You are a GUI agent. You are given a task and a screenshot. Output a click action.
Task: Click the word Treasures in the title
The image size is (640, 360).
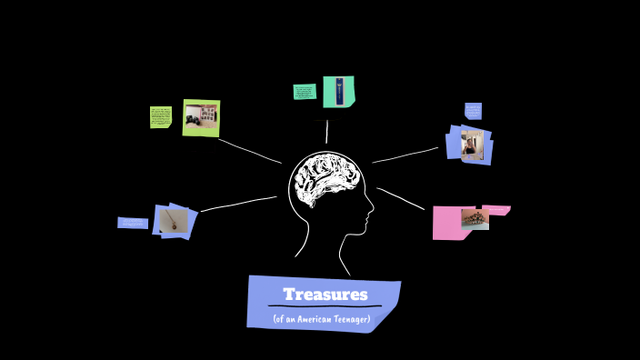click(x=325, y=295)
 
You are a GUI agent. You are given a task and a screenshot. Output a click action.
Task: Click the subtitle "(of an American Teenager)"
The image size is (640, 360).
click(x=322, y=318)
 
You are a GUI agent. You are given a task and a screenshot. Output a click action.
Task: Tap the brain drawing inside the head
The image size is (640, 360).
click(x=325, y=181)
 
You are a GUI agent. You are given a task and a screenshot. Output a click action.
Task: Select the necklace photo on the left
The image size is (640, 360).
click(x=173, y=220)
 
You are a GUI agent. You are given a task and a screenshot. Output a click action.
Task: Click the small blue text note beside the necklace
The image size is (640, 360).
click(x=132, y=223)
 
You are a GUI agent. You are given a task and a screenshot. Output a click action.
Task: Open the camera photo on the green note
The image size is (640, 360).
click(x=201, y=116)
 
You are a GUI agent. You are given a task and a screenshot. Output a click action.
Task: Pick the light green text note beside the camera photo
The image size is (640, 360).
click(x=161, y=116)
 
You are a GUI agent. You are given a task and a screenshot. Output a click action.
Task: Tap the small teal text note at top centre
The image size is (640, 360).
click(x=305, y=92)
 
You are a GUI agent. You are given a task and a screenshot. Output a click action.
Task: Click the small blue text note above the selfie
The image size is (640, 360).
click(x=474, y=111)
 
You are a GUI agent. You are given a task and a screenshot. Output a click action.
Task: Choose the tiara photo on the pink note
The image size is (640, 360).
click(x=474, y=217)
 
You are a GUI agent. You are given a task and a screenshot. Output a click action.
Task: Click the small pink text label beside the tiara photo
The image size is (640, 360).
click(x=498, y=210)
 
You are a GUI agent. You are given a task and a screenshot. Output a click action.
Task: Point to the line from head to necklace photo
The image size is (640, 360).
click(x=238, y=204)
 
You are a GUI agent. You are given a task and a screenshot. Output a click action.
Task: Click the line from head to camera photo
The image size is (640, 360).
click(x=249, y=151)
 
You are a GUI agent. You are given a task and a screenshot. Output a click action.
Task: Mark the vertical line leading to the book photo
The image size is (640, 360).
click(x=326, y=132)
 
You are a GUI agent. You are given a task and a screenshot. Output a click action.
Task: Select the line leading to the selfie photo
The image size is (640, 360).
click(x=405, y=155)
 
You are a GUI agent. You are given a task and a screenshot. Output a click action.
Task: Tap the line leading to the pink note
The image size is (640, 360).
click(x=401, y=199)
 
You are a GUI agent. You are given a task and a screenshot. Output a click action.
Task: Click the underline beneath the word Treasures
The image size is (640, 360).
click(x=325, y=307)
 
